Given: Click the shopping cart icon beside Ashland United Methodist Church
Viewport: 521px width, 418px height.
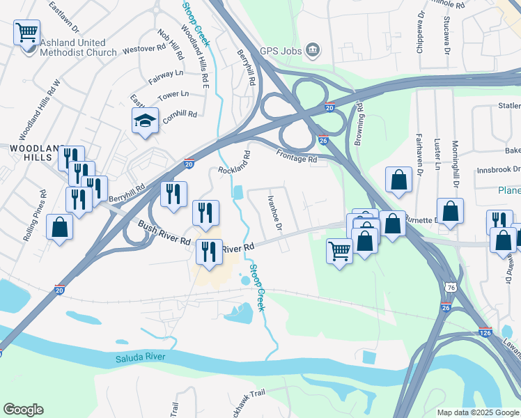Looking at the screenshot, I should point(26,31).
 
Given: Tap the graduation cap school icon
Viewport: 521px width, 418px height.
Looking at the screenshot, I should point(146,121).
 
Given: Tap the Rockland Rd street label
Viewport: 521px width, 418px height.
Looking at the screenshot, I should point(233,162).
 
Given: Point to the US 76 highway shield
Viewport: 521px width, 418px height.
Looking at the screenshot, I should point(451,287).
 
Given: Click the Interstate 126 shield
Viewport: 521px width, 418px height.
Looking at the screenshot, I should point(485,333).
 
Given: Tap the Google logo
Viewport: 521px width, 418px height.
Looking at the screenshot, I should point(23,410).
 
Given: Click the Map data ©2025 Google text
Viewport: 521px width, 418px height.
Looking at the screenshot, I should point(479,412).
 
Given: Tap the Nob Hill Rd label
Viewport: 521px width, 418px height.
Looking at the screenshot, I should point(171,44).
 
